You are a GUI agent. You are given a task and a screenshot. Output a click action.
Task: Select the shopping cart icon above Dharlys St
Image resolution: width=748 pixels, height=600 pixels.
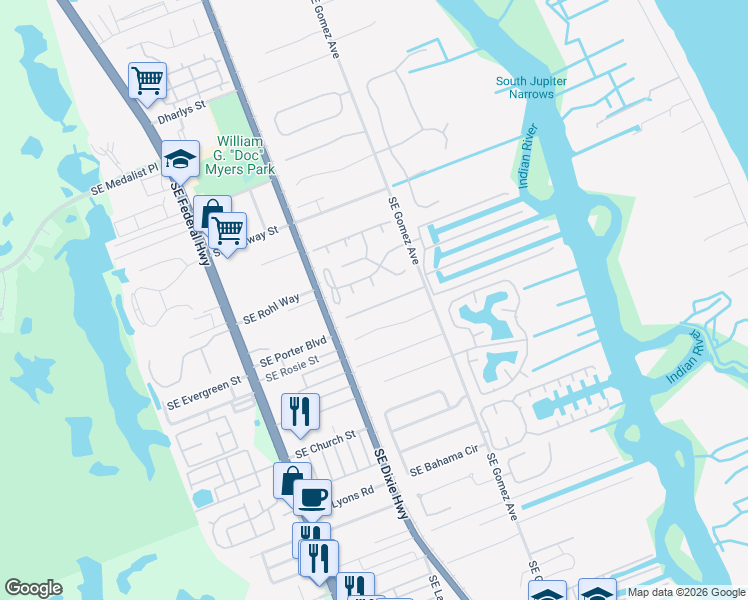click(147, 80)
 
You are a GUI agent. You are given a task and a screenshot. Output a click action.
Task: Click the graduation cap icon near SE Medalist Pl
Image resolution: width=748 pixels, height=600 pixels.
click(180, 158)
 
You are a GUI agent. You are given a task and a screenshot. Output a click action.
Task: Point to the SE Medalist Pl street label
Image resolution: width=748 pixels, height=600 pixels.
click(125, 179)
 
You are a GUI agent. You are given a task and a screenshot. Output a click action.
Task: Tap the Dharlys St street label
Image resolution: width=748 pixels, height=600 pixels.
click(181, 112)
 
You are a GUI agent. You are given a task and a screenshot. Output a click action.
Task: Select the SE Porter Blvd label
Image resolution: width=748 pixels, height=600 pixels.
click(293, 352)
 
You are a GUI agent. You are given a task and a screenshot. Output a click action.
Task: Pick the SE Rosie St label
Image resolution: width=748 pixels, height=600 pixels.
click(291, 369)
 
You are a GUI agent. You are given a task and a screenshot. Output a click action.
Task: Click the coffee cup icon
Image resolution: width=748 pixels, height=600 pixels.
click(312, 496)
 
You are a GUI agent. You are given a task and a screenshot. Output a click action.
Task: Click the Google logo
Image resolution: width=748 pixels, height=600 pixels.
click(33, 588)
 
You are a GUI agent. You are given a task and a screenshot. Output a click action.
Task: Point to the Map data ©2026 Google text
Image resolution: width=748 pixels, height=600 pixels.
click(685, 592)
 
